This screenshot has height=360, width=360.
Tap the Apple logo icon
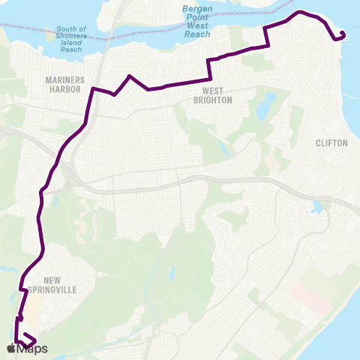(x=12, y=349)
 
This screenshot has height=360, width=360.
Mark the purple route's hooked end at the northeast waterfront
(x=341, y=34)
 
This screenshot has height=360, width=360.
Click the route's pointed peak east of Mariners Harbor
(x=130, y=76)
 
